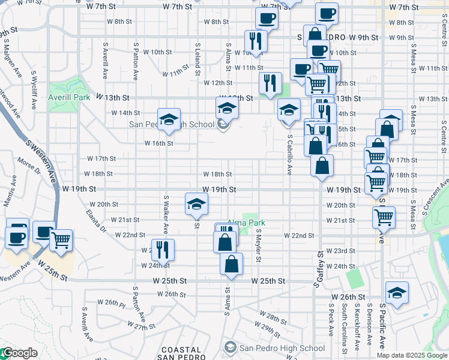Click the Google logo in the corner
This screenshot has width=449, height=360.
click(x=20, y=353)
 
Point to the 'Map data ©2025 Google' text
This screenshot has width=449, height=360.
click(x=412, y=356)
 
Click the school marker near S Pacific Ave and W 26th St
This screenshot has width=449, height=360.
click(x=397, y=293)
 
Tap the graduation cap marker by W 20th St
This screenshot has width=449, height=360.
click(x=196, y=205)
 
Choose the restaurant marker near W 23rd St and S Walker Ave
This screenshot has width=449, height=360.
click(x=163, y=249)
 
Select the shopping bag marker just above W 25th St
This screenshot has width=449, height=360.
click(x=232, y=264)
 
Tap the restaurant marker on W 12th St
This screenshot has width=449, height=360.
click(x=270, y=83)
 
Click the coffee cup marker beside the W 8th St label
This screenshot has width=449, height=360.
click(x=267, y=19)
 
